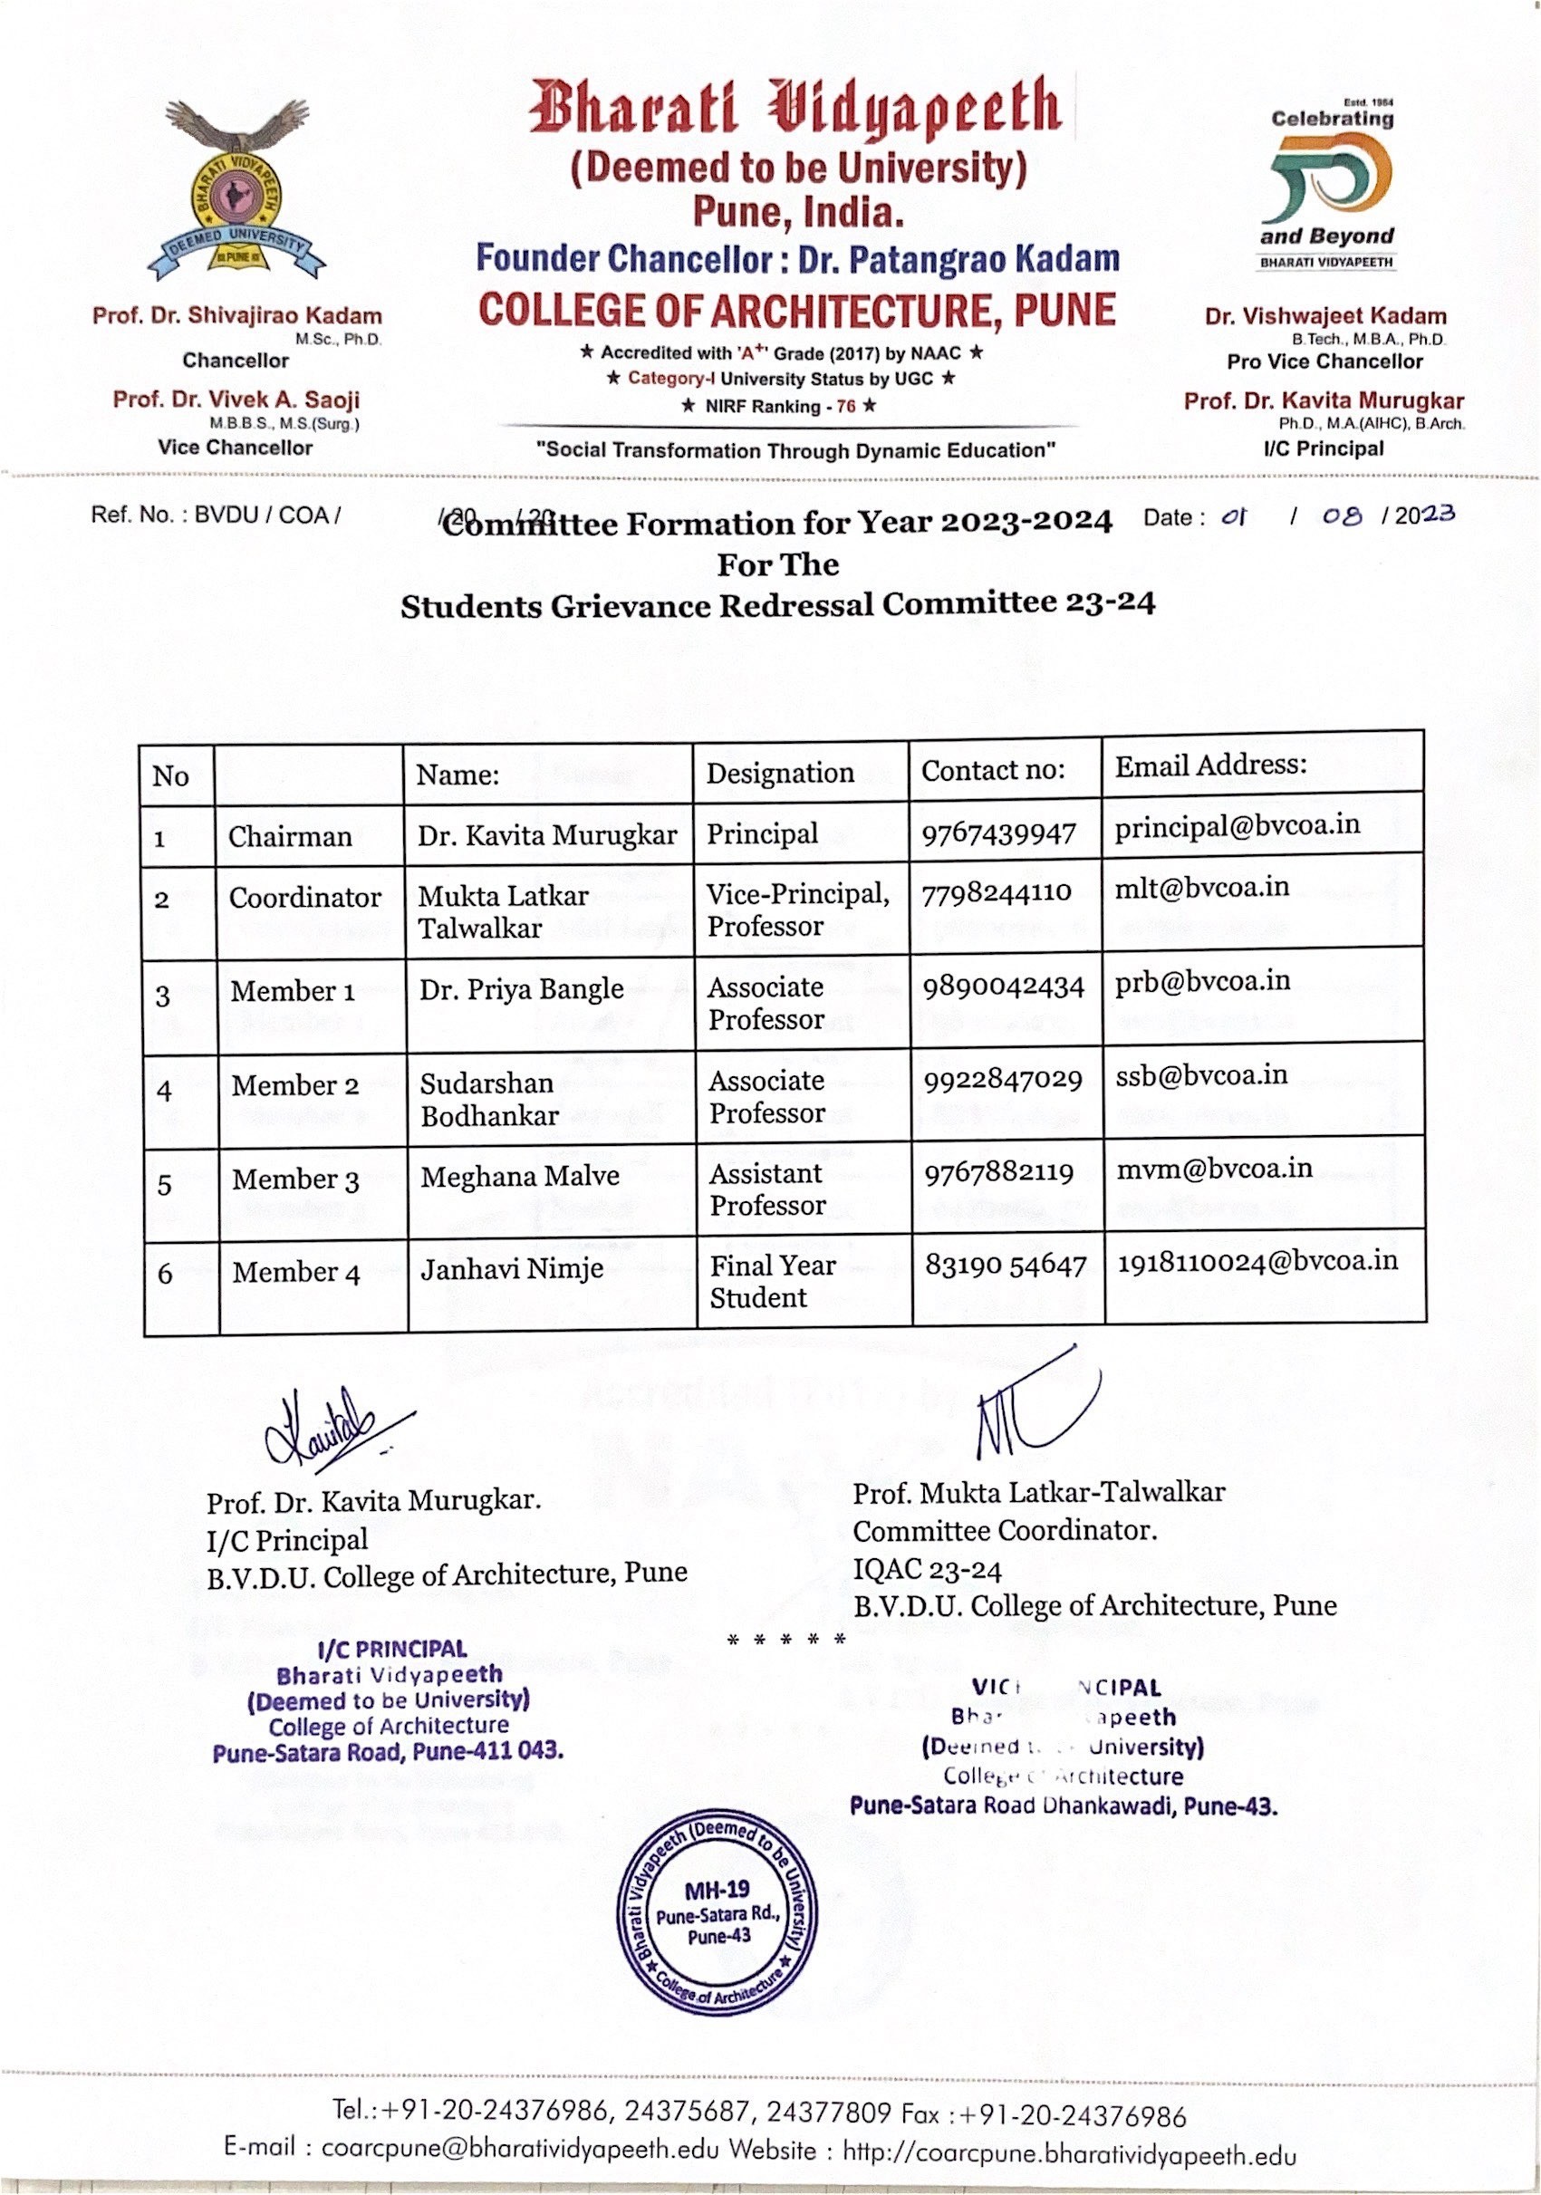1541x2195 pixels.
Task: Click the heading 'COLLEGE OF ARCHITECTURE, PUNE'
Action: pyautogui.click(x=797, y=311)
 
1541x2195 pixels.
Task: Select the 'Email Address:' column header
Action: pyautogui.click(x=1210, y=765)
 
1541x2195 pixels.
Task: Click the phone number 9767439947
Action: pyautogui.click(x=998, y=833)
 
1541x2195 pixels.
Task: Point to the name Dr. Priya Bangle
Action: pyautogui.click(x=521, y=988)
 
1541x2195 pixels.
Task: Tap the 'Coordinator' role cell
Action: pyautogui.click(x=305, y=898)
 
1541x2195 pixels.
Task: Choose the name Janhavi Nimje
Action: pyautogui.click(x=512, y=1268)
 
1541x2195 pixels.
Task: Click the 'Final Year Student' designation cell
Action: pyautogui.click(x=772, y=1281)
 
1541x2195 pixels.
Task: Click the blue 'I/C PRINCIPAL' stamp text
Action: pyautogui.click(x=391, y=1649)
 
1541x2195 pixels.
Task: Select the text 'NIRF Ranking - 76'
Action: pyautogui.click(x=778, y=407)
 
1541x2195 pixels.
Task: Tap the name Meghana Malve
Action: pyautogui.click(x=519, y=1176)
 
